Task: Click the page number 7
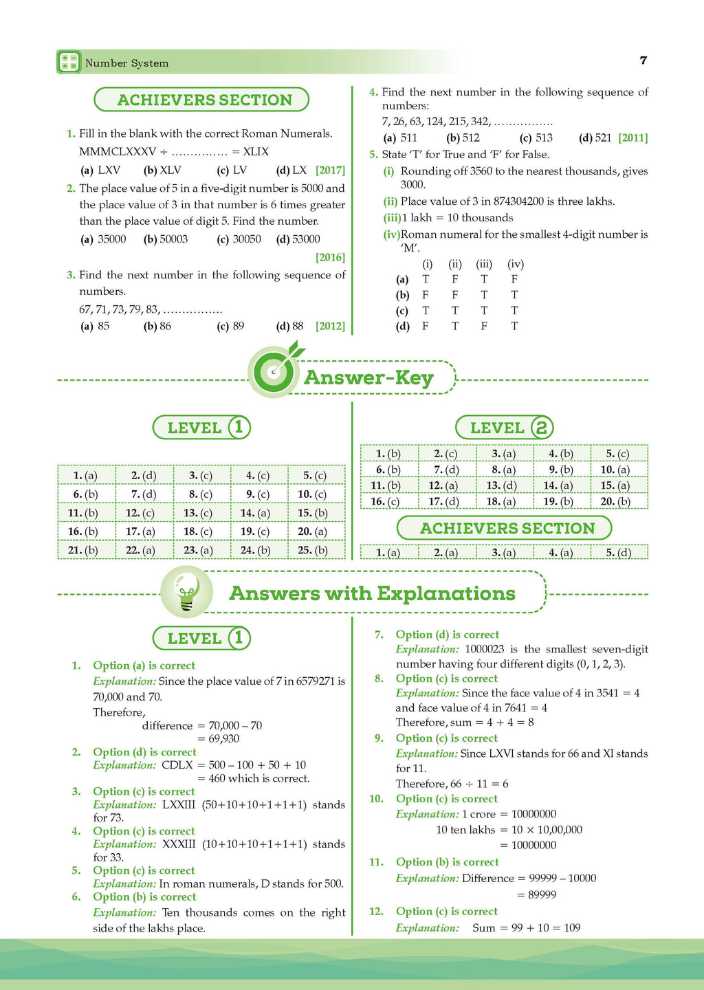coord(643,60)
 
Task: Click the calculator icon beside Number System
coord(68,62)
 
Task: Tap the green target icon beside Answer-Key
coord(274,372)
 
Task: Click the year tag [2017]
coord(330,170)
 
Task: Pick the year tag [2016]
coord(330,257)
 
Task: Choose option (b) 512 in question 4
coord(463,137)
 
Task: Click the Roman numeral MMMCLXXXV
coord(118,151)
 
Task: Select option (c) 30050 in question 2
coord(239,239)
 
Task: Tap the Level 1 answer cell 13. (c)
coord(198,513)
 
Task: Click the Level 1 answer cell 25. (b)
coord(313,550)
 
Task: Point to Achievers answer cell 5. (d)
coord(618,552)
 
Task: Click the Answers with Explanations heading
coord(372,593)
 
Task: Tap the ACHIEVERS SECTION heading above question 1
coord(204,100)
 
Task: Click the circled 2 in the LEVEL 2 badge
coord(542,428)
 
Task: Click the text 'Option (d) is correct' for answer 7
coord(447,635)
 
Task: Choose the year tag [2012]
coord(330,326)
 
